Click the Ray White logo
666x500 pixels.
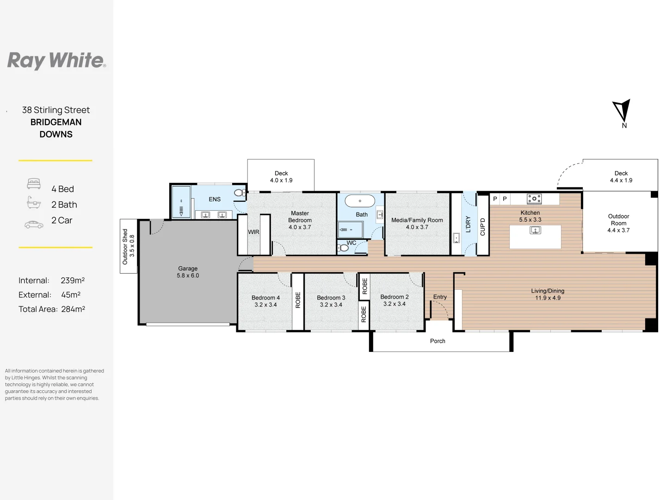[56, 61]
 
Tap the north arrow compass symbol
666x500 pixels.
[623, 111]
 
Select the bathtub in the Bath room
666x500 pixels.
[360, 201]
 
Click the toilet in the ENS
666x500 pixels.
[239, 193]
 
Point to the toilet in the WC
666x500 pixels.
[343, 248]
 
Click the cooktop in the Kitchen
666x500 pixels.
[534, 199]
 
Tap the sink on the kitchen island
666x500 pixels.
[535, 230]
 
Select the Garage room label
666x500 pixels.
[188, 269]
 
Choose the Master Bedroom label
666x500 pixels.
[300, 217]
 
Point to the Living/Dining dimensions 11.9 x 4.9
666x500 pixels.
[548, 298]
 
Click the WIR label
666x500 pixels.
[253, 232]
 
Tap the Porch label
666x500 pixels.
[438, 341]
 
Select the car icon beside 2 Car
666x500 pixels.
[34, 225]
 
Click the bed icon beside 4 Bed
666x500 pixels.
[34, 184]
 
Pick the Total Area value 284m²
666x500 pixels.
[73, 309]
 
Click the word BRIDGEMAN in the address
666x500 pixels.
[56, 122]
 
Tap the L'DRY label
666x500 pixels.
[468, 224]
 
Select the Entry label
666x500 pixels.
[440, 297]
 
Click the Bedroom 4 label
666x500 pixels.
[265, 298]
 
